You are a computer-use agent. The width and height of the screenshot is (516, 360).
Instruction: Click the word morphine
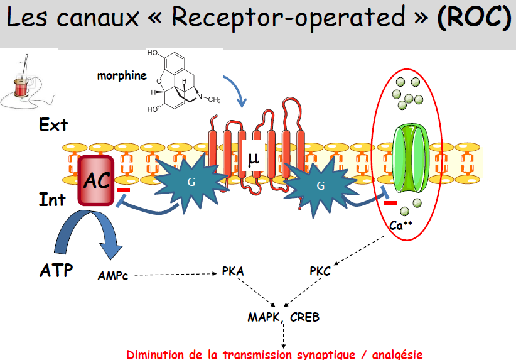(x=122, y=76)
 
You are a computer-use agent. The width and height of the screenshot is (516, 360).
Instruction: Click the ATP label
(x=56, y=271)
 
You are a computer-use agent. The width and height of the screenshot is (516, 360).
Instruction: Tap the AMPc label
(x=113, y=275)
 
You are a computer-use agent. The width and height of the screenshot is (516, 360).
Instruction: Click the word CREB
(x=304, y=317)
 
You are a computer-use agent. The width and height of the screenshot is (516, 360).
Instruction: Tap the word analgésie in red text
(x=396, y=354)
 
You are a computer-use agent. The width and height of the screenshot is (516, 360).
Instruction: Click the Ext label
(x=53, y=125)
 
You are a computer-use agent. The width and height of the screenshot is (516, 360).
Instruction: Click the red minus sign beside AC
(x=124, y=189)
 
